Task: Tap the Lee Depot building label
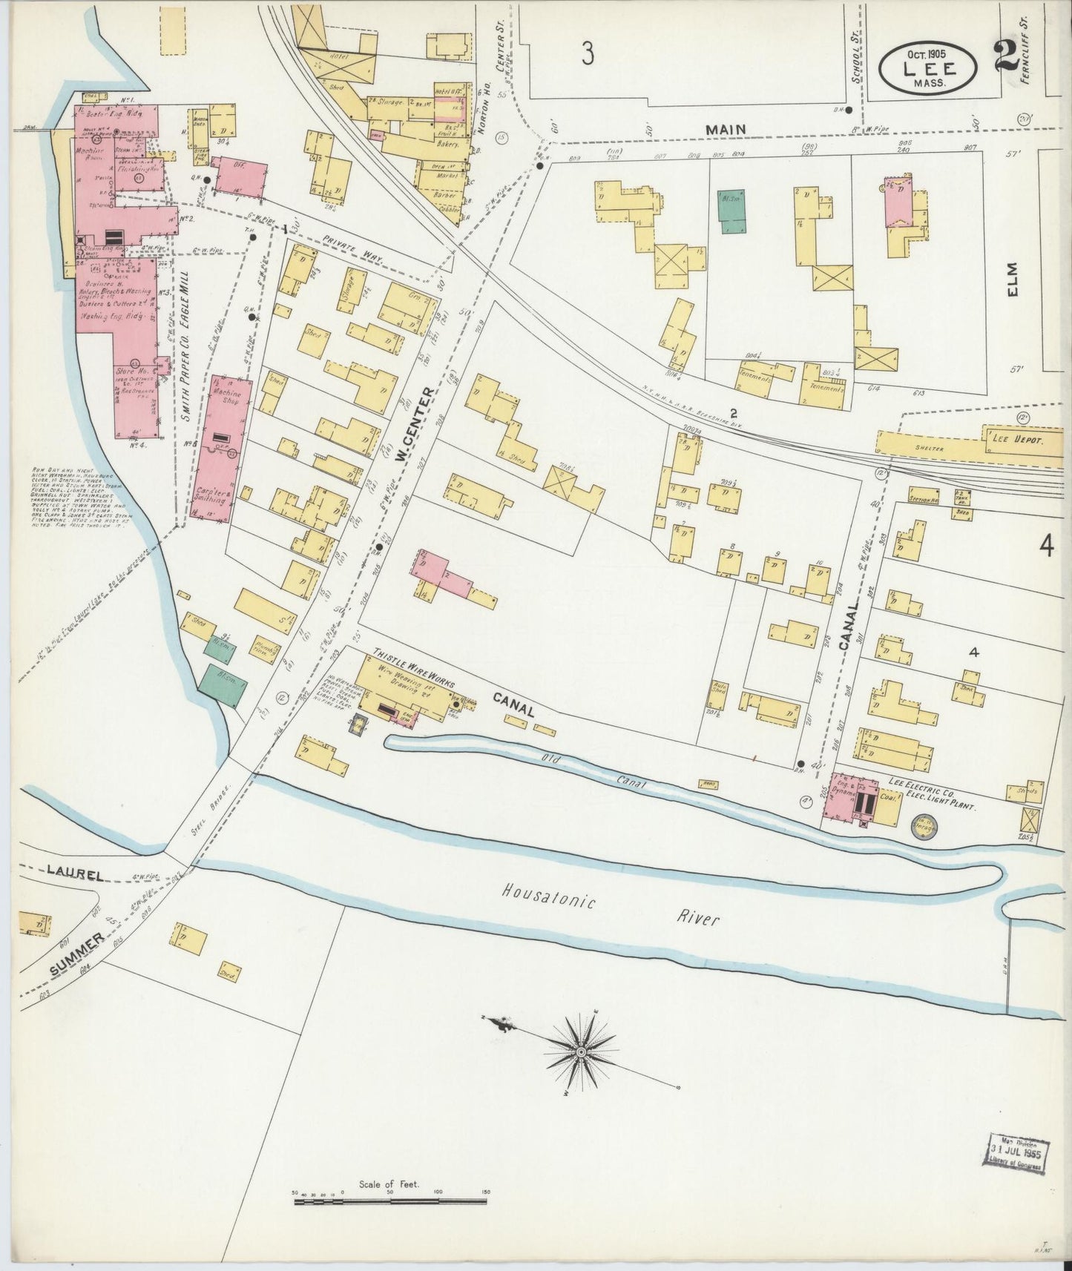tap(1013, 439)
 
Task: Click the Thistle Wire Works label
tap(412, 667)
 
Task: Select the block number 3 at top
tap(588, 53)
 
